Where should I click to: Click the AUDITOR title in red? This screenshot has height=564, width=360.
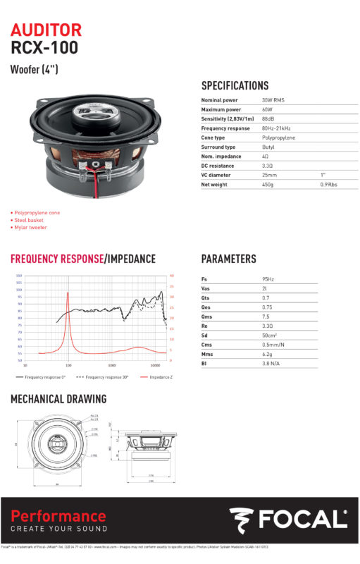[46, 30]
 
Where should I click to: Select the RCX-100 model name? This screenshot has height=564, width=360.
[44, 48]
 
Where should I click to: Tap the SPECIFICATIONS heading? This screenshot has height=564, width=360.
[235, 85]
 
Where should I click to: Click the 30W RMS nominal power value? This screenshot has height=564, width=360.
[273, 101]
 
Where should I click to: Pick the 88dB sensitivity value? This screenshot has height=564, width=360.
[267, 119]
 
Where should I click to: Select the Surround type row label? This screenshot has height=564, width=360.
[218, 147]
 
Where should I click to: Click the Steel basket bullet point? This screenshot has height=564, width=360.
[29, 220]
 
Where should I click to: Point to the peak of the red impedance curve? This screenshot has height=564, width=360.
[68, 293]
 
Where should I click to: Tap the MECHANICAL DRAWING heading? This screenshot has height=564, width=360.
[58, 399]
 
